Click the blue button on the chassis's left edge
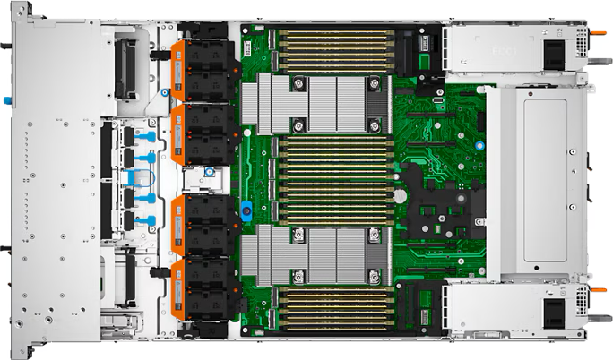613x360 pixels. point(6,99)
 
